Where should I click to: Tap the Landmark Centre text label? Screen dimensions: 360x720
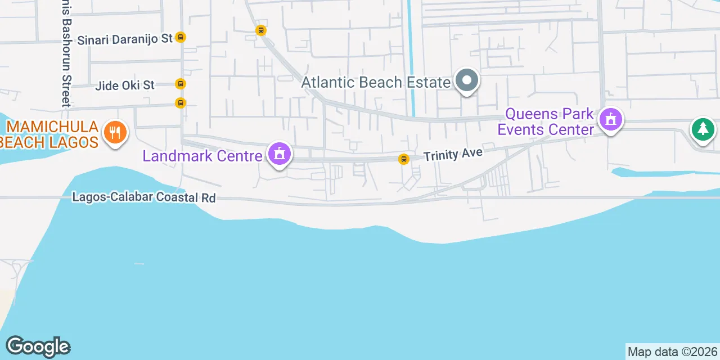pyautogui.click(x=202, y=155)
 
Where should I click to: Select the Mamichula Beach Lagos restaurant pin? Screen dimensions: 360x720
pyautogui.click(x=115, y=133)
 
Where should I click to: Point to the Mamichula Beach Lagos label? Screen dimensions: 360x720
pyautogui.click(x=51, y=134)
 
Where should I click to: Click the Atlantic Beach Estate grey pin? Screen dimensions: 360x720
pyautogui.click(x=466, y=81)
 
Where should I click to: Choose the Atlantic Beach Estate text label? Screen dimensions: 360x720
pyautogui.click(x=376, y=82)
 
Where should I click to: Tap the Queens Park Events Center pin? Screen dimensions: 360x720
pyautogui.click(x=610, y=120)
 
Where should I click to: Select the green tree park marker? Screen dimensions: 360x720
pyautogui.click(x=703, y=130)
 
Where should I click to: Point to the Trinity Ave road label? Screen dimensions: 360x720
pyautogui.click(x=453, y=154)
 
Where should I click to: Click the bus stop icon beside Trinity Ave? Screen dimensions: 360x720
pyautogui.click(x=403, y=159)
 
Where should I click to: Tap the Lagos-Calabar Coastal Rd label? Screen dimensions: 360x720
pyautogui.click(x=144, y=197)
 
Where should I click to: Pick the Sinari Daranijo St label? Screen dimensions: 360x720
pyautogui.click(x=125, y=39)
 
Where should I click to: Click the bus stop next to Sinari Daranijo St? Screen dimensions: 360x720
pyautogui.click(x=180, y=37)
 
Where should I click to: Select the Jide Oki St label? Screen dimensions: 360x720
pyautogui.click(x=125, y=85)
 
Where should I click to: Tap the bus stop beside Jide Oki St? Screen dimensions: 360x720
pyautogui.click(x=180, y=84)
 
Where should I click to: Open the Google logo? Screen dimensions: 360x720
pyautogui.click(x=38, y=346)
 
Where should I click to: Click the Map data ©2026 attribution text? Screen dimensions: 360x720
pyautogui.click(x=672, y=352)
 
